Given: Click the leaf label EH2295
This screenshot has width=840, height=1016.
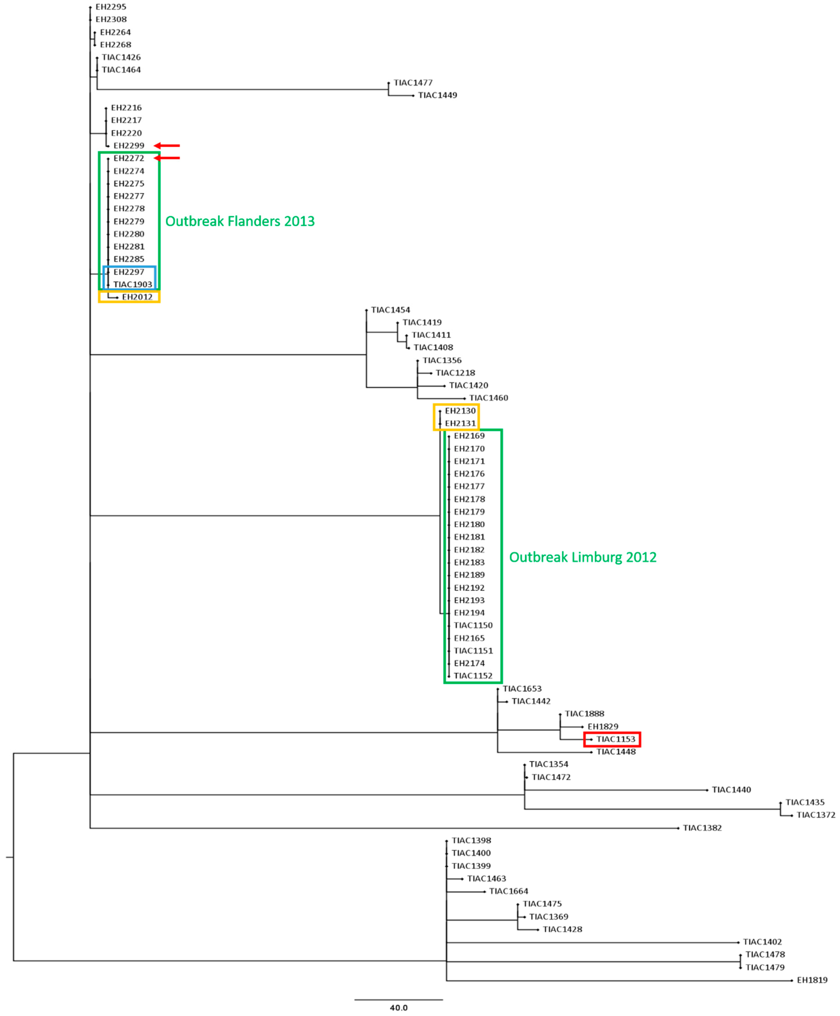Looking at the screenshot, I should pyautogui.click(x=111, y=7).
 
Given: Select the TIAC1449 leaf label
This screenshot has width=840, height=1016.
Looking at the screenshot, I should pyautogui.click(x=437, y=95).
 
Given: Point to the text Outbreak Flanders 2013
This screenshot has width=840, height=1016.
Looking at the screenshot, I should pyautogui.click(x=240, y=222).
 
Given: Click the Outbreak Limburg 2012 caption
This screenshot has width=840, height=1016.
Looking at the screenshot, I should pyautogui.click(x=583, y=557).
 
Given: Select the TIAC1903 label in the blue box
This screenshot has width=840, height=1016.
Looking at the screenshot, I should pyautogui.click(x=133, y=284).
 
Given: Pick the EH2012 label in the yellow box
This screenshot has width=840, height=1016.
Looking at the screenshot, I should pyautogui.click(x=137, y=297).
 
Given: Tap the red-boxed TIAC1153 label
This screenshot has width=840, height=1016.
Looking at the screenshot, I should pyautogui.click(x=616, y=739).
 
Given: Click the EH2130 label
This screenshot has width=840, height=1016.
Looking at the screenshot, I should pyautogui.click(x=460, y=411).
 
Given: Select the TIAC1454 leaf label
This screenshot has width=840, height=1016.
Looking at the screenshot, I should pyautogui.click(x=391, y=310).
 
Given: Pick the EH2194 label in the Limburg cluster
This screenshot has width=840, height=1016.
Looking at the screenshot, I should pyautogui.click(x=469, y=613).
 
